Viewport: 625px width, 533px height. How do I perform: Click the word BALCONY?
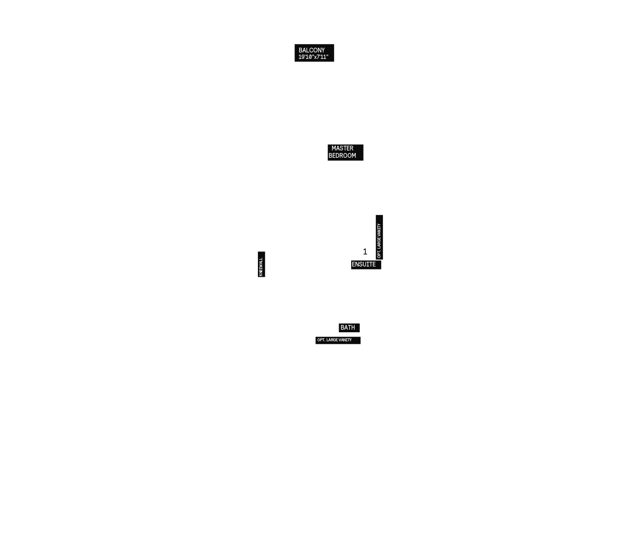click(312, 50)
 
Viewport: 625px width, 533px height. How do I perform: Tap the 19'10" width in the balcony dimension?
click(305, 57)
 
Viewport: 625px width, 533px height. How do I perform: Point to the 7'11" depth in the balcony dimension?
click(322, 57)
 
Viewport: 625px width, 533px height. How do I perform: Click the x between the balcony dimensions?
click(315, 57)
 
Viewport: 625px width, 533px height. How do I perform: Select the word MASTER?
click(342, 148)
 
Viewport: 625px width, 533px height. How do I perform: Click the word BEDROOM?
click(342, 156)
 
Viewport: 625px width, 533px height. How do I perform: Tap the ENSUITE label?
click(364, 264)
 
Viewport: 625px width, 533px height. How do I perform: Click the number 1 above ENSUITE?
click(365, 251)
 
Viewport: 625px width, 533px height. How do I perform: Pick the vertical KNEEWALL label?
click(261, 266)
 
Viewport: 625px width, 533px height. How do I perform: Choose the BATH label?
click(348, 328)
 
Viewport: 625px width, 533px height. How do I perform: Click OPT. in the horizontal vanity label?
click(321, 340)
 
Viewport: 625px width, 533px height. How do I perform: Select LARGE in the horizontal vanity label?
click(332, 340)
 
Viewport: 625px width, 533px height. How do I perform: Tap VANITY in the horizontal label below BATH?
click(345, 340)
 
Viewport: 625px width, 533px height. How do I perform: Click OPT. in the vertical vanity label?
click(379, 254)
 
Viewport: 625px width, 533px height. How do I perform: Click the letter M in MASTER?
click(334, 148)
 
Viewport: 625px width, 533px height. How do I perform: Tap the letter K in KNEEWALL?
click(261, 275)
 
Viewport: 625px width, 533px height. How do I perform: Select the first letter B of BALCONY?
click(300, 50)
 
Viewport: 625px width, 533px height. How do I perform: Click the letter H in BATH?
click(353, 328)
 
